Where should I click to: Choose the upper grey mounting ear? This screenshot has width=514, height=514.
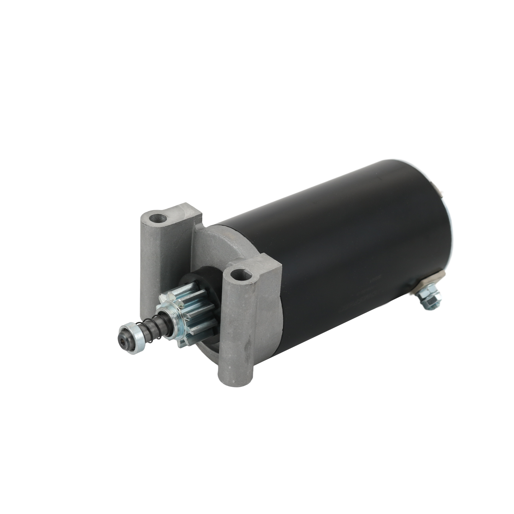click(167, 225)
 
